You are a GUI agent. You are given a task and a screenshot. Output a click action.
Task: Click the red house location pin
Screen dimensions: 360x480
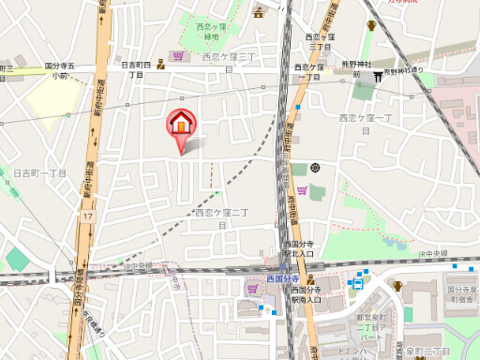point(181,124)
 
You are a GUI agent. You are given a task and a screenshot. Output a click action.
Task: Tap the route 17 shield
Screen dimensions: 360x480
point(87,217)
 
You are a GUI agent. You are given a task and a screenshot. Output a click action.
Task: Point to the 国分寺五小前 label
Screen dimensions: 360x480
point(65,70)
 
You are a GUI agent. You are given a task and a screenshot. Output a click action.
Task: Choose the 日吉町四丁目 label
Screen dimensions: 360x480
point(137,68)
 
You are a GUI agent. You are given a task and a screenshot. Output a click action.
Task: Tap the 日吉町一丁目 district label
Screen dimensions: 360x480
point(39,173)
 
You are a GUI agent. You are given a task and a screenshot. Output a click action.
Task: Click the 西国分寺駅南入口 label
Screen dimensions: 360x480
point(306,295)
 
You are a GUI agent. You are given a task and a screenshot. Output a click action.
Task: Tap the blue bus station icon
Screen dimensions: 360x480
point(356,282)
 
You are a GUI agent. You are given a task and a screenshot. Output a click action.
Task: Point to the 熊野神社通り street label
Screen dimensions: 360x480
point(404,70)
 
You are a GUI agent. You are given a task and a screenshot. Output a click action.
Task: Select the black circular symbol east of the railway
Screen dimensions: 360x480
point(315,168)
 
